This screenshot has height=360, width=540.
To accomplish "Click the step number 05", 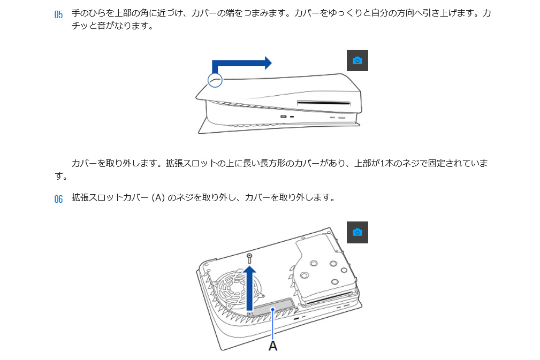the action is click(58, 14).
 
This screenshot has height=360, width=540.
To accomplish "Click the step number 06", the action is click(58, 199).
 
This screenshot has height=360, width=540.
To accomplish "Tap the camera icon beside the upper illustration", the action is click(357, 60).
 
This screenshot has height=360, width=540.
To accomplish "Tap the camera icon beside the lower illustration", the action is click(357, 232).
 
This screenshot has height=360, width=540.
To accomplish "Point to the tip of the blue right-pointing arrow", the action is click(272, 63).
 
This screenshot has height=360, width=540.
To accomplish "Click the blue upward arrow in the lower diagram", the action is click(249, 288).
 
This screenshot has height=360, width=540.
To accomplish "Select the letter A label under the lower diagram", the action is click(273, 346).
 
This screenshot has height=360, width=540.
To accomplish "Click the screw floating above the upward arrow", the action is click(249, 258).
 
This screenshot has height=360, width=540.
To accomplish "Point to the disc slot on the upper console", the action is click(324, 103).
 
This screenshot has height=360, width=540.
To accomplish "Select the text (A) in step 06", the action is click(158, 197).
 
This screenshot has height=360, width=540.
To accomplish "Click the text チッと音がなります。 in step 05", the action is click(112, 26).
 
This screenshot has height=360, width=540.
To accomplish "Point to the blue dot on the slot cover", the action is click(273, 309).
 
